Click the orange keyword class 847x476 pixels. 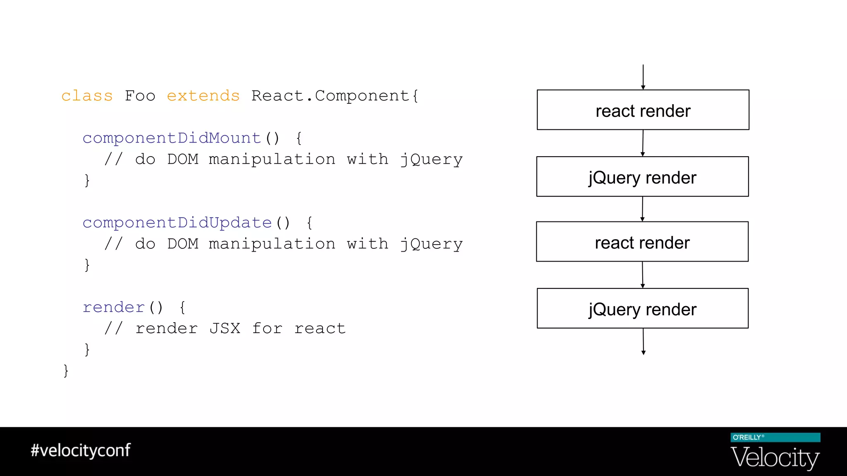click(x=87, y=96)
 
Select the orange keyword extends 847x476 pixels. click(x=203, y=96)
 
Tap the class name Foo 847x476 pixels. click(x=140, y=96)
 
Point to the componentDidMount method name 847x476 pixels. click(x=172, y=138)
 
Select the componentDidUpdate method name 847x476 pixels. click(x=177, y=223)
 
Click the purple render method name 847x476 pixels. click(x=114, y=307)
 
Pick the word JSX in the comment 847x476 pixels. click(x=225, y=328)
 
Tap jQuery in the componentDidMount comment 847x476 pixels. click(x=431, y=159)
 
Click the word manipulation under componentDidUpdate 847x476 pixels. click(x=272, y=244)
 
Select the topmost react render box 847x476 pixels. click(x=643, y=110)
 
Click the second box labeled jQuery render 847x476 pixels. click(x=642, y=176)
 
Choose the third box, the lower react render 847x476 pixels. click(x=642, y=242)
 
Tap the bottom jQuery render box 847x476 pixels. click(x=642, y=308)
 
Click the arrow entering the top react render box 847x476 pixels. click(x=643, y=77)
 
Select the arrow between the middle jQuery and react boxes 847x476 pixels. click(x=642, y=209)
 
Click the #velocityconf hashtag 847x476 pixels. click(x=81, y=450)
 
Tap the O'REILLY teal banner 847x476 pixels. click(x=775, y=438)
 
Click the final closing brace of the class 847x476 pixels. click(x=66, y=370)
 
